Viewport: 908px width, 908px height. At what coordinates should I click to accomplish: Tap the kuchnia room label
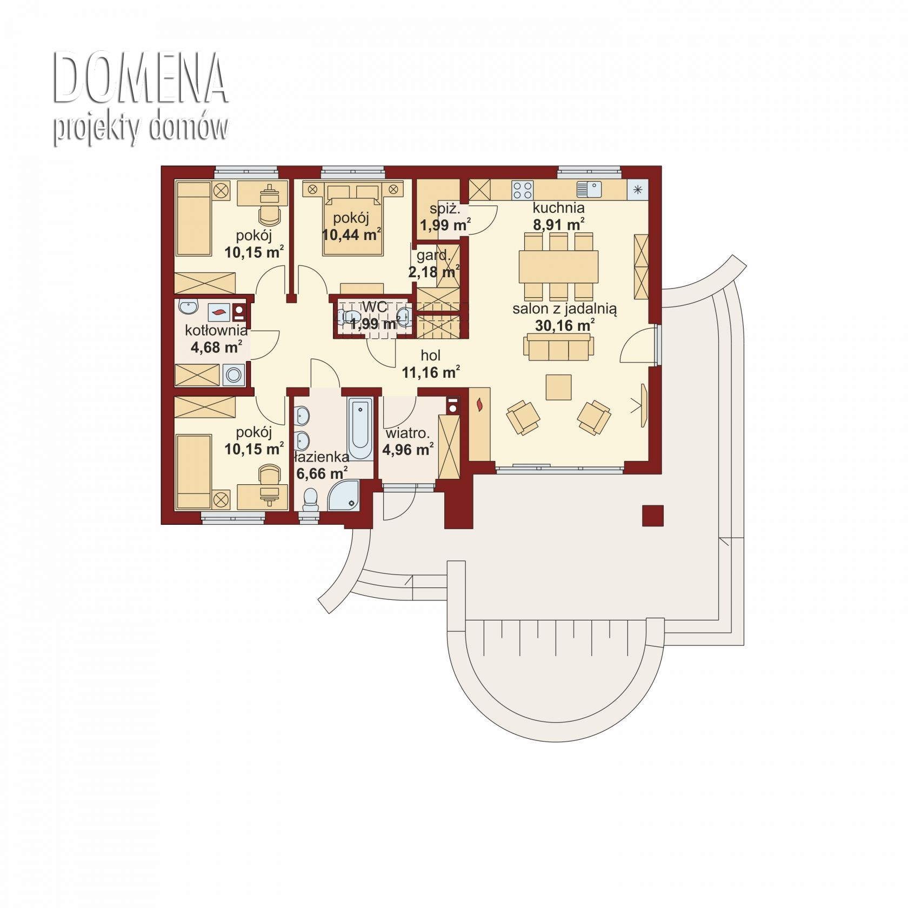click(558, 208)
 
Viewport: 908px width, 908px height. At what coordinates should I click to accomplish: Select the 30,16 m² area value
click(565, 325)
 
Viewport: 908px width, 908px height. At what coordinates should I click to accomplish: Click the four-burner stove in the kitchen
click(523, 190)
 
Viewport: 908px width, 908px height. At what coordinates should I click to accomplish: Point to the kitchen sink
click(589, 189)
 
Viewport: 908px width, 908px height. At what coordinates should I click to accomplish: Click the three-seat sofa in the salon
click(558, 346)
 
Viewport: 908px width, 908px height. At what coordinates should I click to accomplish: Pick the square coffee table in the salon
click(558, 387)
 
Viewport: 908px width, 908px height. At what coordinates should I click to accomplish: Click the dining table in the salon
click(558, 266)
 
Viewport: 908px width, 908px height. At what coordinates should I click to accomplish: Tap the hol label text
click(431, 355)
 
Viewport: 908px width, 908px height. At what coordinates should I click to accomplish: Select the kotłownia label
click(216, 330)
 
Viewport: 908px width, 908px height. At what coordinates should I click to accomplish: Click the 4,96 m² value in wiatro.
click(408, 449)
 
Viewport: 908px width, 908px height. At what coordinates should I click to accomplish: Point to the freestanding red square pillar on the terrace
click(653, 516)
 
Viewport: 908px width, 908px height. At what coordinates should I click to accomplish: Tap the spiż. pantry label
click(445, 209)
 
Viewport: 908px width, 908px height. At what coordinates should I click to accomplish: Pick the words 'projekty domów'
click(141, 128)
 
